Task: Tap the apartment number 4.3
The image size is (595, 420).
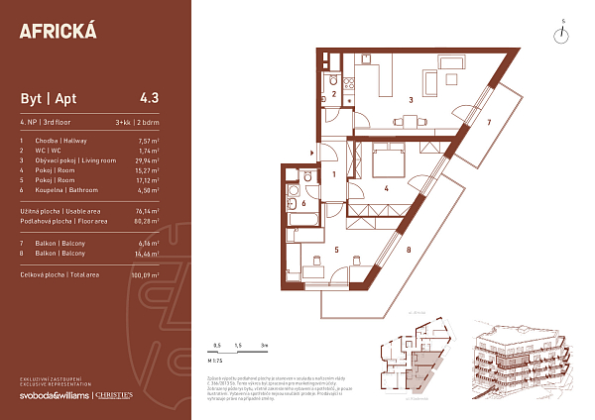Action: (x=150, y=98)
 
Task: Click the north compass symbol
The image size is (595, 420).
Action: (x=562, y=33)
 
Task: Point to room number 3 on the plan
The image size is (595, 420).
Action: (x=410, y=99)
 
